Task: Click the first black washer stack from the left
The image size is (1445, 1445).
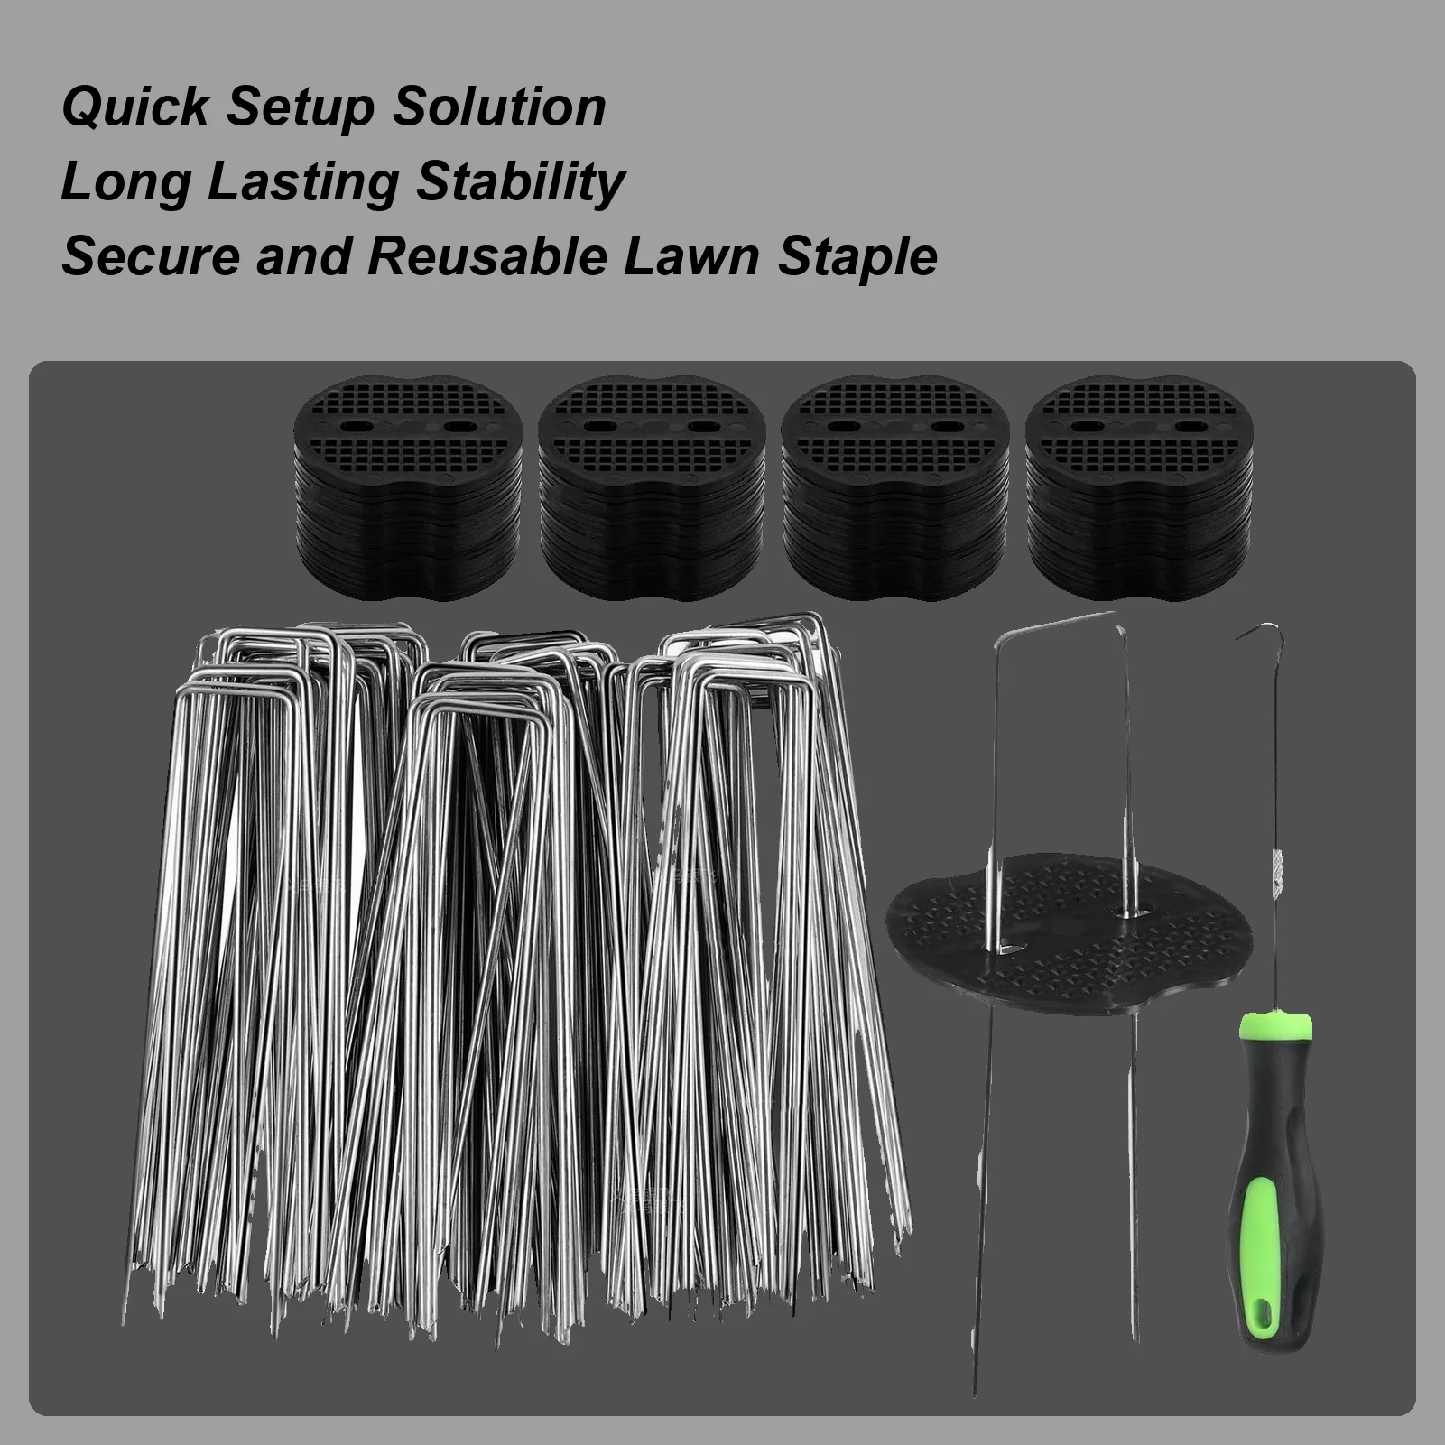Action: point(409,487)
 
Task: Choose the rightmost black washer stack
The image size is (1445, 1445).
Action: point(1138,487)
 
